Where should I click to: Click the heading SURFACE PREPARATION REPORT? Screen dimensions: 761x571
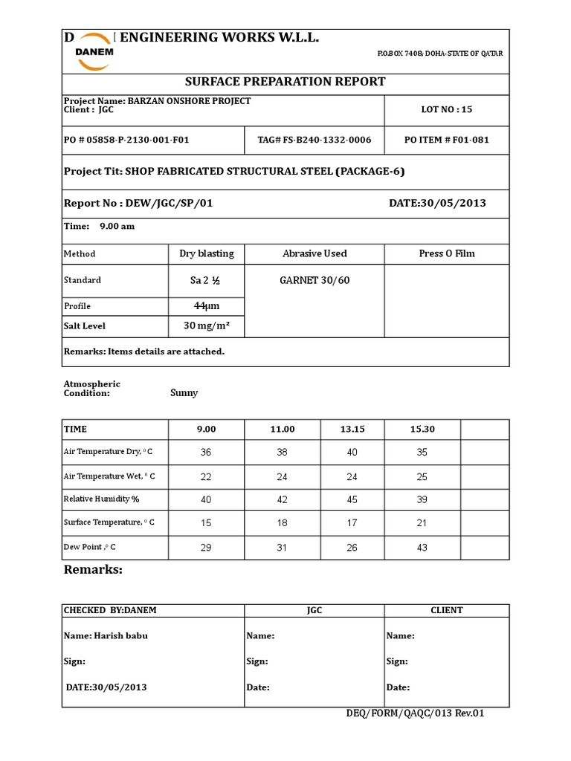pyautogui.click(x=285, y=81)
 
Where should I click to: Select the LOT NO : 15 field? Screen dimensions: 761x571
pyautogui.click(x=446, y=109)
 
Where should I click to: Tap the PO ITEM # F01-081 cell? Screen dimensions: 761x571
pyautogui.click(x=446, y=140)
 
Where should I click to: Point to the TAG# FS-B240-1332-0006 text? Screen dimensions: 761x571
pyautogui.click(x=314, y=140)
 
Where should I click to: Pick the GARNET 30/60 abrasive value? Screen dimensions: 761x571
pyautogui.click(x=313, y=280)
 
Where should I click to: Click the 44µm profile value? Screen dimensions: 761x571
pyautogui.click(x=206, y=306)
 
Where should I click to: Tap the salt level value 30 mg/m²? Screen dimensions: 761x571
pyautogui.click(x=206, y=326)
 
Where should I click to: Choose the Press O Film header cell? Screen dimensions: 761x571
pyautogui.click(x=446, y=253)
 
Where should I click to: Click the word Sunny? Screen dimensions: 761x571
pyautogui.click(x=184, y=393)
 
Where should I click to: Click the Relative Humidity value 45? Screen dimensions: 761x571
pyautogui.click(x=352, y=499)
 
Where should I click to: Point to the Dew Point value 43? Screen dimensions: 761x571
pyautogui.click(x=421, y=548)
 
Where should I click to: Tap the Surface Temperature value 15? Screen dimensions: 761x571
pyautogui.click(x=206, y=523)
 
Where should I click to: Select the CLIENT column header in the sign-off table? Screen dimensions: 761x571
pyautogui.click(x=446, y=610)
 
